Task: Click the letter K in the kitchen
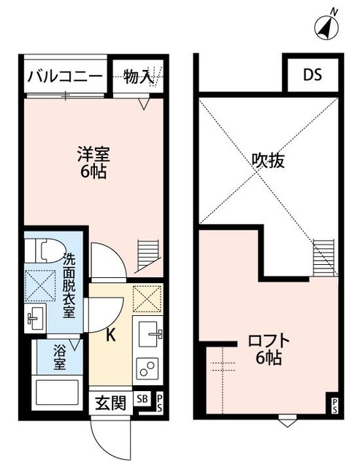(111, 336)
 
